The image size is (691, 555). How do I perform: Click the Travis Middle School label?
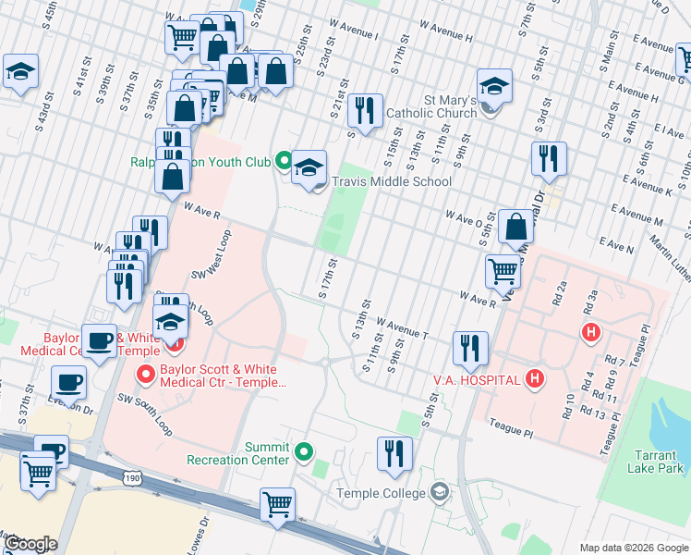(391, 182)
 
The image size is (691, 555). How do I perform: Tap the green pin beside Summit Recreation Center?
(306, 453)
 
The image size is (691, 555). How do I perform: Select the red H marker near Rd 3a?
(588, 331)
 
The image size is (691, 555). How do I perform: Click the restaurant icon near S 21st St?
(365, 110)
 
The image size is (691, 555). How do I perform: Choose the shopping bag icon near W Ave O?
(515, 225)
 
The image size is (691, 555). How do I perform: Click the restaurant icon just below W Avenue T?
(470, 347)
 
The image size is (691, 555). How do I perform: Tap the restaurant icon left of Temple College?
(394, 452)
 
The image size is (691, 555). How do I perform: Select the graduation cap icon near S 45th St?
(20, 70)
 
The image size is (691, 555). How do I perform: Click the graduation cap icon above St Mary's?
(494, 85)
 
